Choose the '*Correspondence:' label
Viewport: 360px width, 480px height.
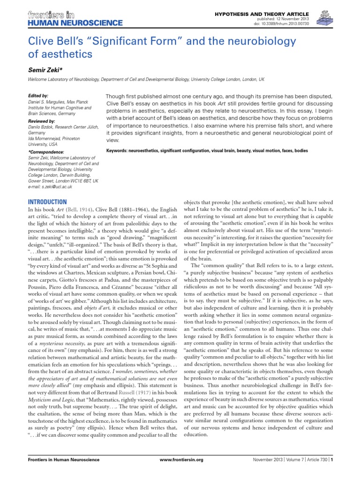click(46, 152)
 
